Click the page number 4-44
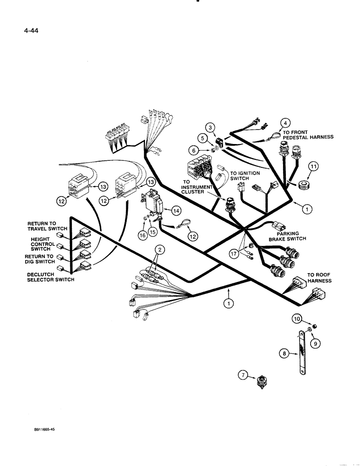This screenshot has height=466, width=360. click(x=20, y=33)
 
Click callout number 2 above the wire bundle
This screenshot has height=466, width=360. click(x=159, y=250)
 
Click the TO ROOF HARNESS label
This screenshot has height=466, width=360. click(x=319, y=278)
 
